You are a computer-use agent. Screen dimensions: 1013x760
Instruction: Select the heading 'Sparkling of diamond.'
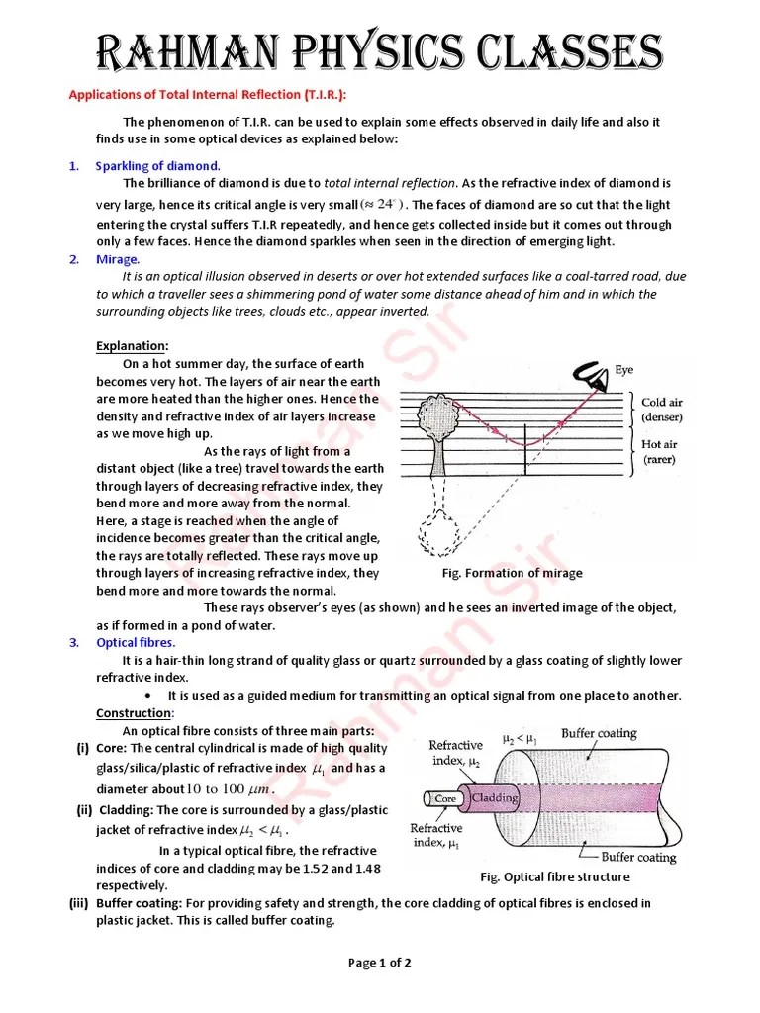(157, 165)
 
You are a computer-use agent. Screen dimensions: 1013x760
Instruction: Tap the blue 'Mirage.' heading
(117, 259)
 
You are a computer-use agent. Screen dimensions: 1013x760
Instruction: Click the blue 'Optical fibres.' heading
(136, 642)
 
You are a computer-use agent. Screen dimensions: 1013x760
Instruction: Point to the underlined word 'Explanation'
(131, 346)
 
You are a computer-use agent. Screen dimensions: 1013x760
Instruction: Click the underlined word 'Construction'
(134, 713)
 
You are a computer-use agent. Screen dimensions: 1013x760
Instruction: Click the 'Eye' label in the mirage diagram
(624, 370)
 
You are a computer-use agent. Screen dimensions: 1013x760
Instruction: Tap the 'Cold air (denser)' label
(668, 411)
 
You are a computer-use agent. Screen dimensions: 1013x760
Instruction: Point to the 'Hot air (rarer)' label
(666, 452)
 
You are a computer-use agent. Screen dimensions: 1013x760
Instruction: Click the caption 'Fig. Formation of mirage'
(512, 573)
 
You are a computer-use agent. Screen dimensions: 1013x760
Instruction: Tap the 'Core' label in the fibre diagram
(445, 797)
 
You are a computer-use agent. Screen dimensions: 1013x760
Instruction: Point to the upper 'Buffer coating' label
(599, 734)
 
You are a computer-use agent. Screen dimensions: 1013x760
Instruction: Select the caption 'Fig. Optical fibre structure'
(554, 876)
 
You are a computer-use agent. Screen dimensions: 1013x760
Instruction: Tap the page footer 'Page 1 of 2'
(380, 963)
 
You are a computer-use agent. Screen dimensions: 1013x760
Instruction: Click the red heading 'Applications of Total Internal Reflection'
(207, 95)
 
